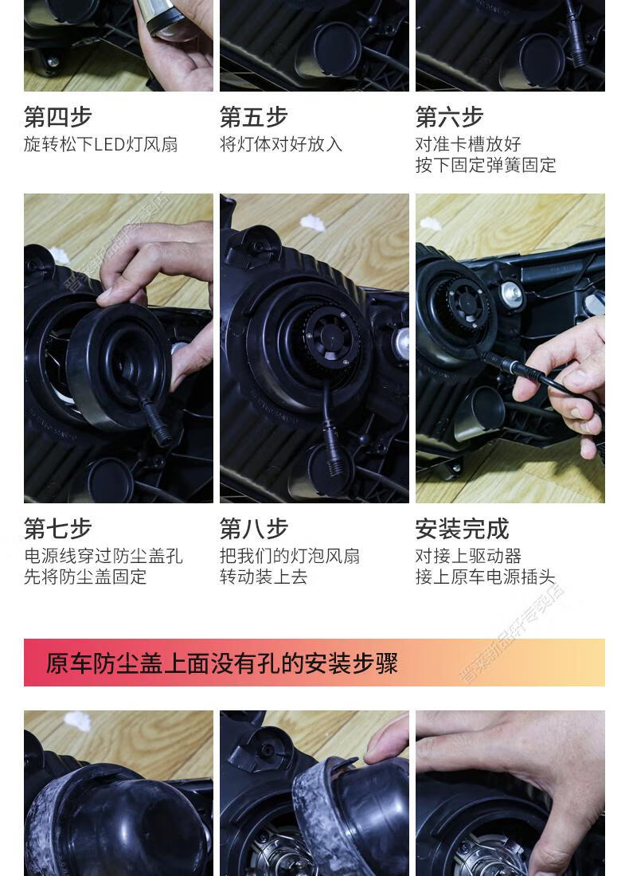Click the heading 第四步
click(x=58, y=117)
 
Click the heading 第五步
click(x=253, y=117)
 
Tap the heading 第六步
click(x=449, y=117)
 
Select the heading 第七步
click(x=58, y=529)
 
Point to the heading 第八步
click(x=253, y=529)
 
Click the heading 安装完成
click(x=462, y=529)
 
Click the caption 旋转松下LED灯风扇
click(x=100, y=144)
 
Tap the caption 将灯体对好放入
click(x=281, y=144)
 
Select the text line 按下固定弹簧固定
click(x=486, y=165)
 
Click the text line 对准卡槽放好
click(x=468, y=144)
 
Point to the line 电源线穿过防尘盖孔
click(x=104, y=556)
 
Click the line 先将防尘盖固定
click(x=85, y=577)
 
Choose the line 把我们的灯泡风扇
click(x=290, y=556)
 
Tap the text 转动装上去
click(x=264, y=577)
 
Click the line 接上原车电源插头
click(x=486, y=577)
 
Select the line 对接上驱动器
click(x=468, y=556)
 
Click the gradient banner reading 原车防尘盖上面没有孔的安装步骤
click(x=314, y=663)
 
